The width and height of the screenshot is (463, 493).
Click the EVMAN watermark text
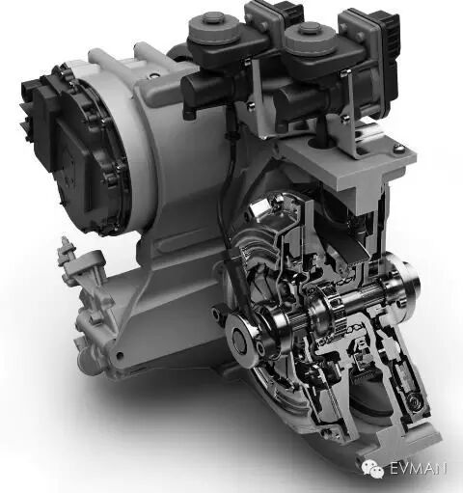(x=418, y=468)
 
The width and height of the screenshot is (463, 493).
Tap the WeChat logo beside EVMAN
(x=373, y=468)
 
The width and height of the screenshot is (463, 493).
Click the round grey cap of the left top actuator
(x=214, y=28)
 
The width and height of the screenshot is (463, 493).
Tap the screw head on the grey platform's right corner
(x=399, y=148)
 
